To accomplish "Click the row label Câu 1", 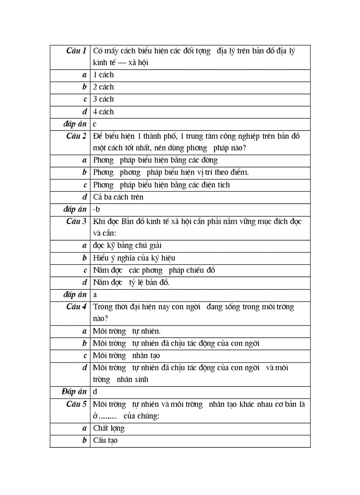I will (76, 51).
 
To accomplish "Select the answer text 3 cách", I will (103, 99).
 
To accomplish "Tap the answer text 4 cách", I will (103, 112).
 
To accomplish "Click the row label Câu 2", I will (76, 136).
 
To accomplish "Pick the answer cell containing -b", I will (97, 209).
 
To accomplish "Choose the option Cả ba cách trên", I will (118, 197).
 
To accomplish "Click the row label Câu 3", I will (76, 221).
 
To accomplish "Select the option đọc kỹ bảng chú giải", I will (130, 246).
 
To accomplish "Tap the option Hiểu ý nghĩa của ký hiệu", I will (134, 258).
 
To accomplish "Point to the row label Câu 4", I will (76, 307).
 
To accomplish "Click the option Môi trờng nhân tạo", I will (126, 355).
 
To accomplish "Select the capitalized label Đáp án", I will (74, 391).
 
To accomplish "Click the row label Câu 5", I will (76, 404).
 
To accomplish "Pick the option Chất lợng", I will (109, 428).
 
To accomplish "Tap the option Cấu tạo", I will (105, 440).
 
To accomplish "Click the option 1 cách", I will (103, 75).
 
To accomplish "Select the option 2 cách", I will (103, 87).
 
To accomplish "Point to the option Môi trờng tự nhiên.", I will (127, 331).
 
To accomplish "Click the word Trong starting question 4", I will (103, 307).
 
